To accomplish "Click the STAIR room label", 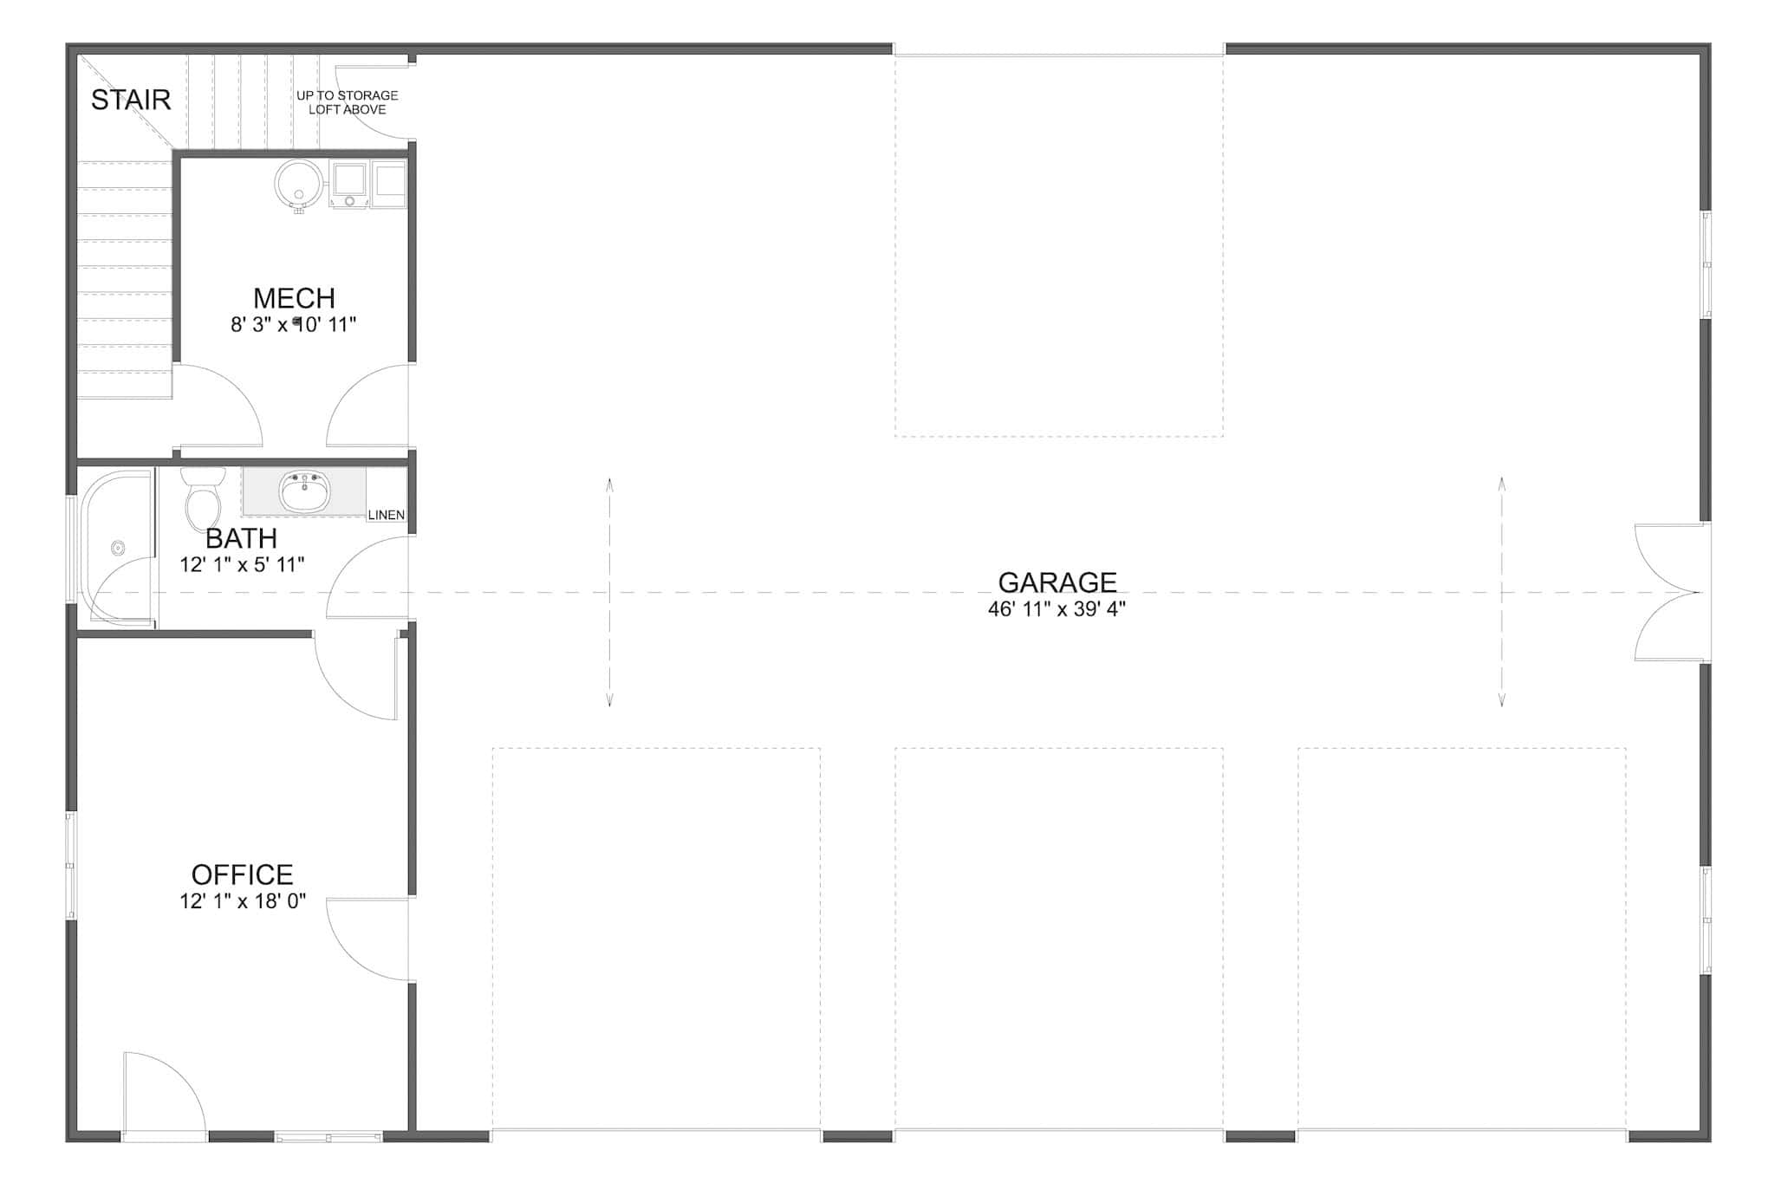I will [131, 101].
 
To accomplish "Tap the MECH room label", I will [294, 298].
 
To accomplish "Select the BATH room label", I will [241, 538].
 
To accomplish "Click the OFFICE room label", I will [242, 874].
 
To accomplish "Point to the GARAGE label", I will [1057, 582].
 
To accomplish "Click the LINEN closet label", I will [386, 515].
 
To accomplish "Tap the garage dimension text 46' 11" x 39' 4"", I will [1057, 609].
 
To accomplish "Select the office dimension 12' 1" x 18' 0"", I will [243, 901].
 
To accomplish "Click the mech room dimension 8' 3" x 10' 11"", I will [294, 325].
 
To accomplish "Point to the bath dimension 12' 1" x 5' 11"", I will [242, 565].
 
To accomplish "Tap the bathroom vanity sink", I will [304, 492].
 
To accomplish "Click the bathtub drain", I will [118, 548].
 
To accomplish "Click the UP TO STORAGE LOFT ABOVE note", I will [347, 102].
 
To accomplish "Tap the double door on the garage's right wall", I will [1668, 593].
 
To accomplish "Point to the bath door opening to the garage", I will [368, 576].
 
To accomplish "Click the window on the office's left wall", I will [71, 865].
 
